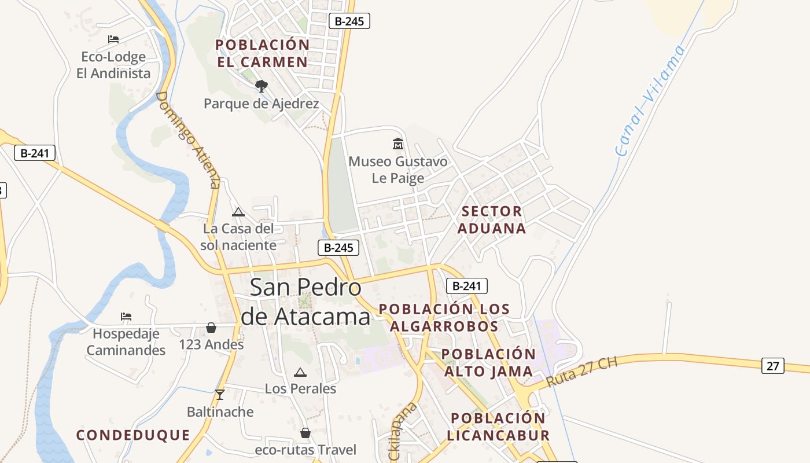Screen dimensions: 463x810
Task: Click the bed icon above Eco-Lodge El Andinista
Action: (113, 39)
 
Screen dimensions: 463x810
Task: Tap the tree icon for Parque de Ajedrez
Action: (262, 86)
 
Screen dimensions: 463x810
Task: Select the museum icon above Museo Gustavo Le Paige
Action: (398, 144)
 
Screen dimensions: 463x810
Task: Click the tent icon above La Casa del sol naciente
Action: (238, 212)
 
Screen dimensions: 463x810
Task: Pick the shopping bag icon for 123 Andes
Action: (211, 328)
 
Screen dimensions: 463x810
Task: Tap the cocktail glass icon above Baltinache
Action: (219, 395)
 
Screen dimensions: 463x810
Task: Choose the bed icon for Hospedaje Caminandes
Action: (126, 317)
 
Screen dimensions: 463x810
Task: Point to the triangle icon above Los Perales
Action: (300, 372)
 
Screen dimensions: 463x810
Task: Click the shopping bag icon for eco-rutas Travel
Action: (305, 433)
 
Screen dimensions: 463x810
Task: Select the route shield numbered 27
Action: (772, 366)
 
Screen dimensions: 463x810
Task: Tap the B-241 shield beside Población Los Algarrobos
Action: (467, 285)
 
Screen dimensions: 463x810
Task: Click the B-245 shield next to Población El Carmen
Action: (349, 21)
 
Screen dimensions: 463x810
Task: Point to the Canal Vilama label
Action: (650, 100)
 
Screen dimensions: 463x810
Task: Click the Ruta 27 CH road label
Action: (581, 372)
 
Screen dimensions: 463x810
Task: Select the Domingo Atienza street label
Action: (189, 139)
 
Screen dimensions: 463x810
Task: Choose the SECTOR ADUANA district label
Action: (492, 219)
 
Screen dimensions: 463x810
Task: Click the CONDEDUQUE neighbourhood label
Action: (133, 435)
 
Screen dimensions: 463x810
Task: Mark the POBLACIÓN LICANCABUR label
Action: (499, 427)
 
